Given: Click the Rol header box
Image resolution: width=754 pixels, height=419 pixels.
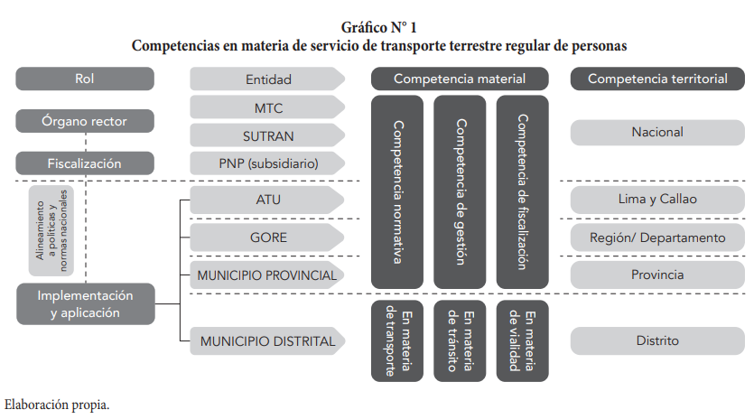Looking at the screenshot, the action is [x=85, y=79].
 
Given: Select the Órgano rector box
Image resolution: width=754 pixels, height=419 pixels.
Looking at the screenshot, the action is [x=85, y=121].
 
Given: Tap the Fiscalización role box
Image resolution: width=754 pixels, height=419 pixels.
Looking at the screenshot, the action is [x=85, y=163].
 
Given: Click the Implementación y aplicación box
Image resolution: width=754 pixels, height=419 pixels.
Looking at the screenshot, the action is [x=86, y=303].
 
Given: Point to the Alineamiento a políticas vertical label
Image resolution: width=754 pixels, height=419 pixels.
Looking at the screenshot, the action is [x=51, y=230].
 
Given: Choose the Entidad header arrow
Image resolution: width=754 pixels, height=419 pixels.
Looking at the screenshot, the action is [x=267, y=79].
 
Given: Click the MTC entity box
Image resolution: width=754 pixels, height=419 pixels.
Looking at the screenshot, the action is [x=267, y=107].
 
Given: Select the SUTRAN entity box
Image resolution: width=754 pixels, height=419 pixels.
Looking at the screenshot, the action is [x=267, y=135].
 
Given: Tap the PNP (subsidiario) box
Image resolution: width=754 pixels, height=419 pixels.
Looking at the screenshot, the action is [x=267, y=163].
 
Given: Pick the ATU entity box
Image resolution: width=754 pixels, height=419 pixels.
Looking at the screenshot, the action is [x=267, y=200].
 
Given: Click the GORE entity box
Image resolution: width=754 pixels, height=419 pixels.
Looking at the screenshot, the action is [x=267, y=237].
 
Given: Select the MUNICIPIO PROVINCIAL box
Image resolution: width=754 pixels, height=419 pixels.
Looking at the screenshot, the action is [x=267, y=275].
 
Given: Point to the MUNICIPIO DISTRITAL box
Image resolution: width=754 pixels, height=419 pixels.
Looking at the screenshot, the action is [x=267, y=341].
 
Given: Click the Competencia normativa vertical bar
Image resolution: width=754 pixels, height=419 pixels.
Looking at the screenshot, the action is [x=397, y=192].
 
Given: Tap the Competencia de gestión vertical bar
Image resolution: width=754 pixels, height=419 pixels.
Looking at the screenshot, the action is [x=460, y=192].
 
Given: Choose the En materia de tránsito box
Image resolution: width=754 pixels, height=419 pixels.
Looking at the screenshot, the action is [x=460, y=341].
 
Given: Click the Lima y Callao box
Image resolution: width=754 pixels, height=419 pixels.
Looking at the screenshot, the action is [x=657, y=200].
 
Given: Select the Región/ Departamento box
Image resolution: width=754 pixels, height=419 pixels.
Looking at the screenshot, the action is [x=657, y=237].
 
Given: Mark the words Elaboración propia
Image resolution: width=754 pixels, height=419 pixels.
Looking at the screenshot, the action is [x=57, y=405].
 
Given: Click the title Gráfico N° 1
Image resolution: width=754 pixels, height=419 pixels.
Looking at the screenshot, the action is [x=379, y=27].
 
